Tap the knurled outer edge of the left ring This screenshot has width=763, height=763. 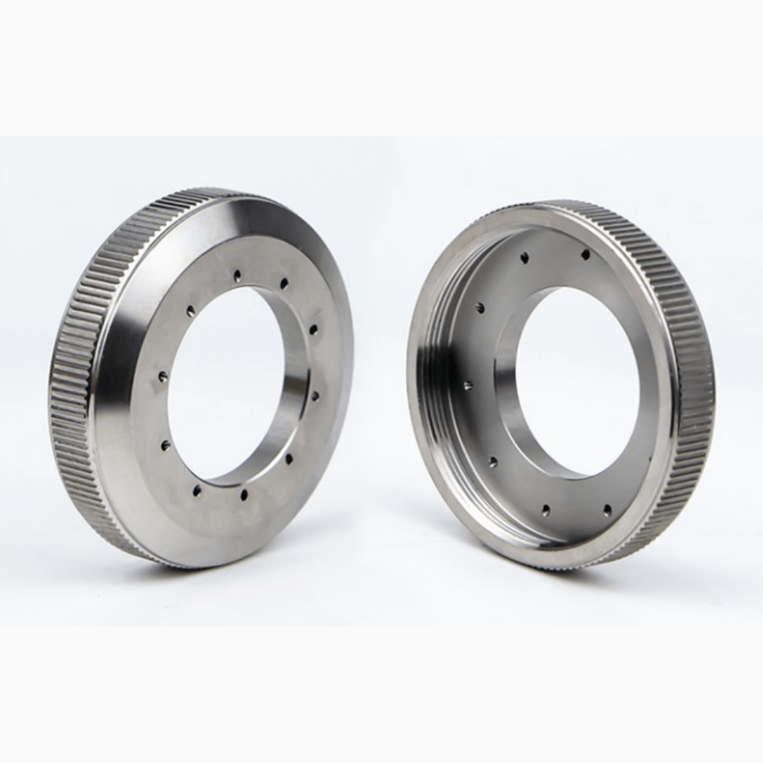click(x=76, y=381)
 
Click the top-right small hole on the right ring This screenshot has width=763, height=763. click(x=585, y=254)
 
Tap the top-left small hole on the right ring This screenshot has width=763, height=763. click(x=524, y=259)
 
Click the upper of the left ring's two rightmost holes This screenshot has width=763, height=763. click(x=314, y=329)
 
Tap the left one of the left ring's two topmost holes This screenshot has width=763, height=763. click(x=238, y=274)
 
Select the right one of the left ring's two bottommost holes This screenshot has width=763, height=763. click(x=243, y=495)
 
